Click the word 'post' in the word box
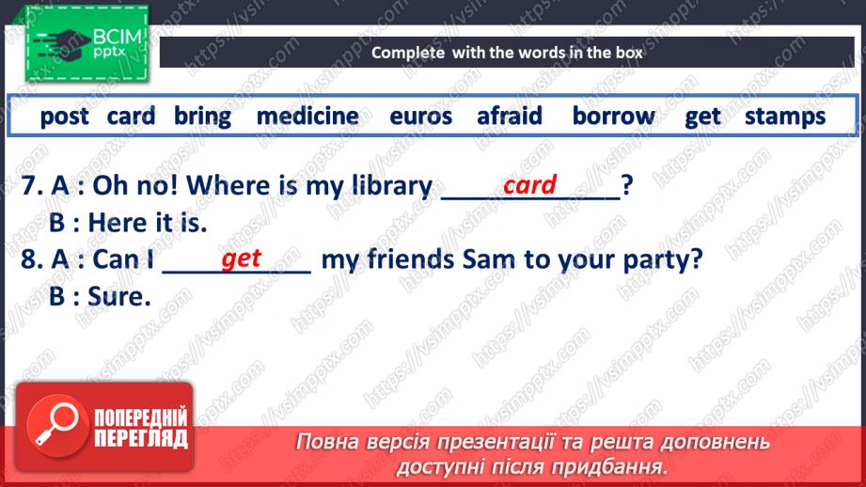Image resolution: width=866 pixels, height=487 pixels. (x=64, y=117)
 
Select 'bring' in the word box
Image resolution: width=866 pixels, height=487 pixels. (x=202, y=117)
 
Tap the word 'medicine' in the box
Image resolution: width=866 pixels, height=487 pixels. (x=307, y=117)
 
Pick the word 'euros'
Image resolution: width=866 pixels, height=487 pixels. (x=421, y=117)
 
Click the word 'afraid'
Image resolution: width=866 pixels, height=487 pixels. (x=510, y=117)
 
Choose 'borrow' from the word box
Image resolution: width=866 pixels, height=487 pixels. (x=614, y=117)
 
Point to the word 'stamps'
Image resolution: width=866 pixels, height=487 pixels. (x=785, y=117)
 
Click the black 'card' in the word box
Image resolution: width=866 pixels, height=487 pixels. (x=131, y=117)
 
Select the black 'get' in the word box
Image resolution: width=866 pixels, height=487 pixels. (x=702, y=117)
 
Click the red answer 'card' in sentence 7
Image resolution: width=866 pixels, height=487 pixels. (x=529, y=185)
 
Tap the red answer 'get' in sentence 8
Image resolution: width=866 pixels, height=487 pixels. (x=241, y=259)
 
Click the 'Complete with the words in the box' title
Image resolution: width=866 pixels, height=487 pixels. (x=507, y=53)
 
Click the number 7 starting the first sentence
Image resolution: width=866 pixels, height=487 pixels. (x=29, y=186)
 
